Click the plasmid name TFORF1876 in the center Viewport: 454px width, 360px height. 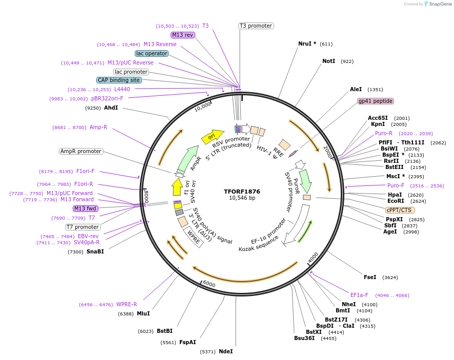(x=242, y=192)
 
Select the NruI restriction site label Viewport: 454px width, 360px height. (x=307, y=44)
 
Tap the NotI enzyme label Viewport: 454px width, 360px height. (x=328, y=61)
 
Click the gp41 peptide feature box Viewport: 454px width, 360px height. (x=376, y=101)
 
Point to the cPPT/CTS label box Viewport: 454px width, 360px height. (x=400, y=210)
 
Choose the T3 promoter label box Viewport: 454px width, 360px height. (x=256, y=26)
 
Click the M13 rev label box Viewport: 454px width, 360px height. (x=182, y=35)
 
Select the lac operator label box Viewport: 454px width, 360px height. (x=152, y=53)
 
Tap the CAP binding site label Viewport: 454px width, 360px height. (x=119, y=80)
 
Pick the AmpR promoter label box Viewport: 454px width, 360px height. (x=81, y=151)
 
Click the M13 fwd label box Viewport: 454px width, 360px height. (x=85, y=208)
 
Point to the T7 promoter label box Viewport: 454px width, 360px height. (x=83, y=227)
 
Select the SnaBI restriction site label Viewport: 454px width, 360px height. (x=95, y=251)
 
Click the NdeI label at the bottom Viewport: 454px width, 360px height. (x=225, y=351)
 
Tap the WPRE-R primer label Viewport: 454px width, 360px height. (x=127, y=304)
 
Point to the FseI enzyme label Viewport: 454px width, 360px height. (x=369, y=277)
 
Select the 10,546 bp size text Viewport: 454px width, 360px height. (x=242, y=198)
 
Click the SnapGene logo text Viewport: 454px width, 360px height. (x=440, y=4)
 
